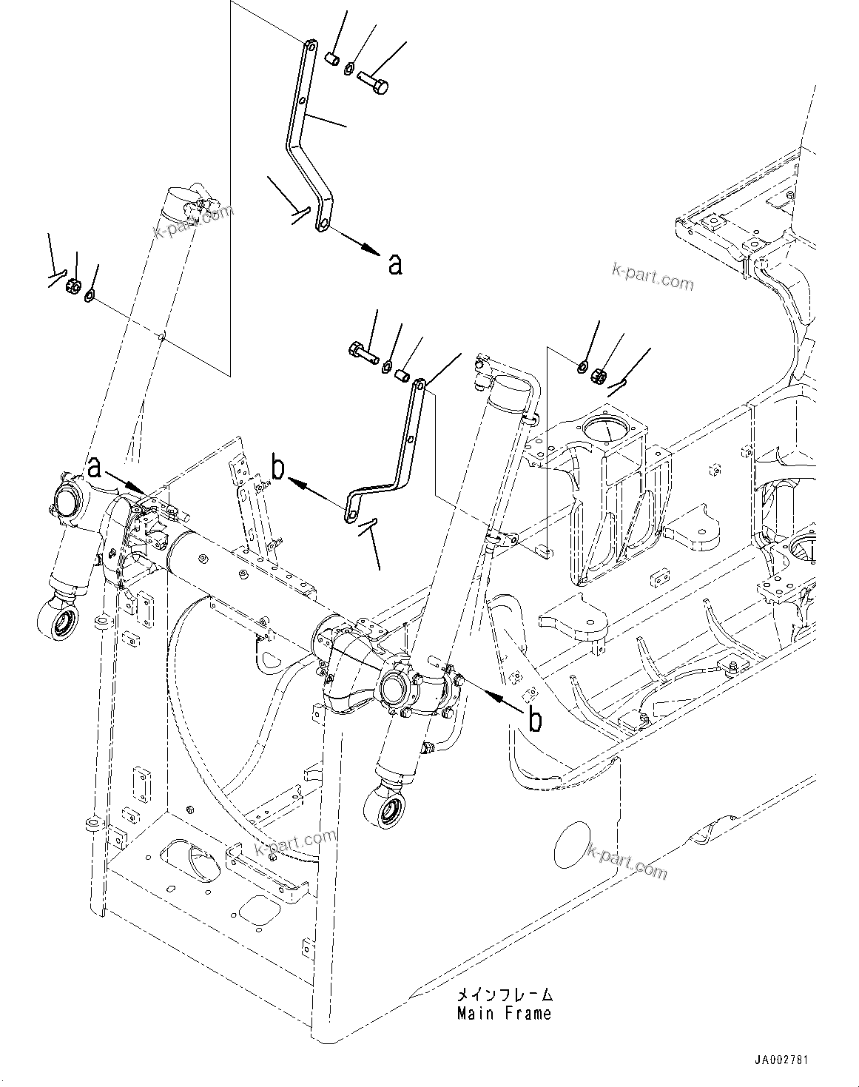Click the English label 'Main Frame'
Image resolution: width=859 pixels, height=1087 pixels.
504,1013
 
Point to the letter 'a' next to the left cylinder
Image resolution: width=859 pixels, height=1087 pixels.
94,467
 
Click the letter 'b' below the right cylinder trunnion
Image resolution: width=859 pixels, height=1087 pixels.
533,719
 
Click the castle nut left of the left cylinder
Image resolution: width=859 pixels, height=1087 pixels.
73,286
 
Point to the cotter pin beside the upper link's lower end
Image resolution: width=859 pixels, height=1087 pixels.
300,213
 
